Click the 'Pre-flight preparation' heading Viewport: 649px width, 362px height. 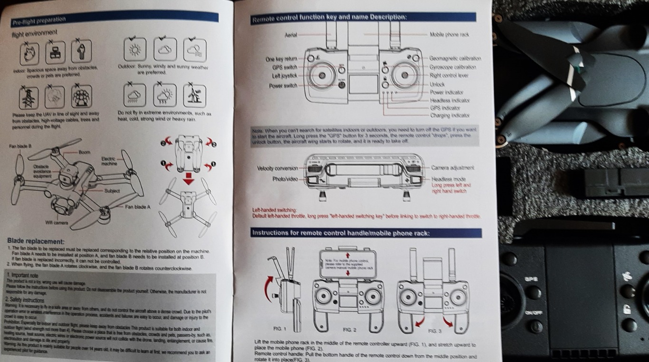(x=39, y=20)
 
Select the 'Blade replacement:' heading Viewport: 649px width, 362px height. (x=36, y=242)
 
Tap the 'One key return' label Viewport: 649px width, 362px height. (x=281, y=59)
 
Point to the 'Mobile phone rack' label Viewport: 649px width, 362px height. (x=449, y=35)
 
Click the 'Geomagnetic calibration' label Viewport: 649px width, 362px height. (x=455, y=59)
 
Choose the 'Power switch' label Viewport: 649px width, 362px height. (x=283, y=86)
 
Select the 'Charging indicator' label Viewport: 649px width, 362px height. (x=450, y=116)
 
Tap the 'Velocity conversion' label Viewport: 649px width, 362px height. (x=277, y=168)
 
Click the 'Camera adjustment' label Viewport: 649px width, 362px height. (x=453, y=168)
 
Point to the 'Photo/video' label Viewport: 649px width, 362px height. (x=285, y=179)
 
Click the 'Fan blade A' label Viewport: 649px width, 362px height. (x=138, y=207)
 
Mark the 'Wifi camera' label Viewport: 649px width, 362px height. (x=57, y=222)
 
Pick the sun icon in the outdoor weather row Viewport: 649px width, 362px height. (x=135, y=49)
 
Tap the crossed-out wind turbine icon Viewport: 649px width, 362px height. (x=194, y=96)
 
